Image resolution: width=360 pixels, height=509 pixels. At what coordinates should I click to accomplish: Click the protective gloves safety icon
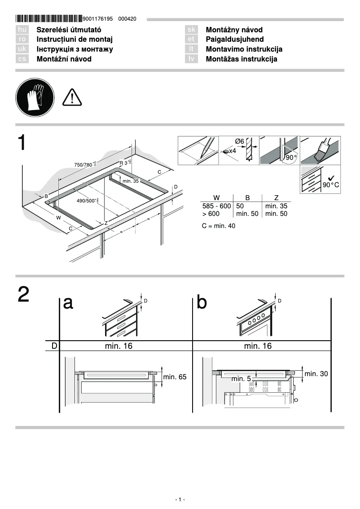35,97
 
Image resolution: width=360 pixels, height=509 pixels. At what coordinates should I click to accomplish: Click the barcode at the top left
48,19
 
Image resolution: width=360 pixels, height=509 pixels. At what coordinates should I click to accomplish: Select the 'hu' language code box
22,30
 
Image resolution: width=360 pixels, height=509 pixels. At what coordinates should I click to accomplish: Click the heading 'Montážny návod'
234,30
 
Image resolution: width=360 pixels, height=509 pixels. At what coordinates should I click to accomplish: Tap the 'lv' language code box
191,59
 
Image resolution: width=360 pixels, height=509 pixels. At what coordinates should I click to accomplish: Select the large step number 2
24,294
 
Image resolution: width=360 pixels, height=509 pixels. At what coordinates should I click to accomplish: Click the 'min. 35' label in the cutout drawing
131,180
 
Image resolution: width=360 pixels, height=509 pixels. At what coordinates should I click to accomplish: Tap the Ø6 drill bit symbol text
240,141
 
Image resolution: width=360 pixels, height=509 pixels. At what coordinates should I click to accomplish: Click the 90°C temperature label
331,185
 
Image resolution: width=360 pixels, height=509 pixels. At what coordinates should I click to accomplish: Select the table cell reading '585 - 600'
216,206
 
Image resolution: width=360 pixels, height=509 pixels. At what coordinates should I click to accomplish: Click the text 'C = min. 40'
218,226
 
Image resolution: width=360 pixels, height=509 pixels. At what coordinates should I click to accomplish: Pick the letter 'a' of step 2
68,303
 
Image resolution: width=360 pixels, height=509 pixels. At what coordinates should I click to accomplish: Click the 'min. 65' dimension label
175,377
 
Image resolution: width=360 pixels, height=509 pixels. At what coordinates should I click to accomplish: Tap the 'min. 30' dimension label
316,373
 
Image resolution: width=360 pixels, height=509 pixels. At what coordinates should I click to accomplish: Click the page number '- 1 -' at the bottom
180,500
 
